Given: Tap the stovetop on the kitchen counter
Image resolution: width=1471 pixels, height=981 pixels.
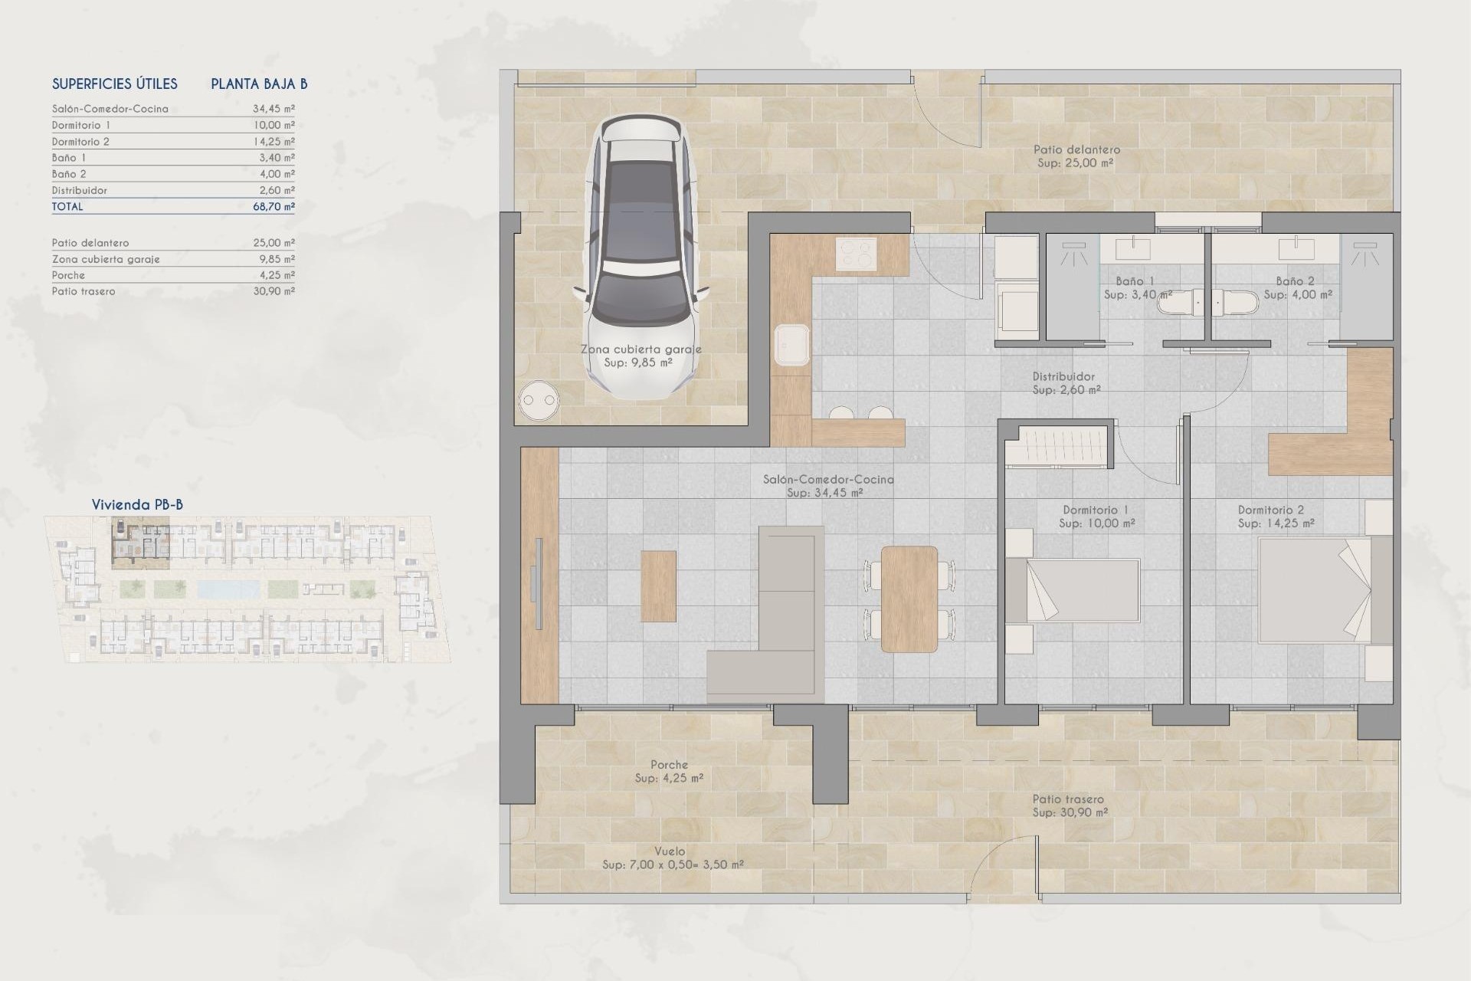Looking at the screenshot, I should [856, 254].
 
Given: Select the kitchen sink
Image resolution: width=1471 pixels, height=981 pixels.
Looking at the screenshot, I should [791, 345].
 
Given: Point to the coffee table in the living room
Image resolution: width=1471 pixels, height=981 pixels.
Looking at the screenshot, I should [659, 586].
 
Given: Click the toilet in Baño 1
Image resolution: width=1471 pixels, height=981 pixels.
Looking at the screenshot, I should [1180, 304].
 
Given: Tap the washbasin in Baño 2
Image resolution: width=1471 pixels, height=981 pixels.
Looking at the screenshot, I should [1296, 248].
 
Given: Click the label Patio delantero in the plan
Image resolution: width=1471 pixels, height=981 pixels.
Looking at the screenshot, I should [1076, 150].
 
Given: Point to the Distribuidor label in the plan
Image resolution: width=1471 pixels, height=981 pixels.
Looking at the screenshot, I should [1063, 377].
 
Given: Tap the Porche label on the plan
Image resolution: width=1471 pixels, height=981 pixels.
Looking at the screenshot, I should [669, 765].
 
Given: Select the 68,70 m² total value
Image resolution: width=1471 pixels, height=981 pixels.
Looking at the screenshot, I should [274, 207].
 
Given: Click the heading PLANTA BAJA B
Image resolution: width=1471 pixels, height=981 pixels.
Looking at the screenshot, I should [259, 84].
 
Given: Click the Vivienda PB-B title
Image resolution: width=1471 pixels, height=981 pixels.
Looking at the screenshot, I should [137, 504].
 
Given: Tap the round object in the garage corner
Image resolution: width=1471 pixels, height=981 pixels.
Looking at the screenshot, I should [538, 399].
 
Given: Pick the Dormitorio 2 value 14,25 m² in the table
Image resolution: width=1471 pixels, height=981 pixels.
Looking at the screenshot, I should [274, 142].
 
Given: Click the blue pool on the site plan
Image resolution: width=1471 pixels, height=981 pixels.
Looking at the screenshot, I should [228, 589].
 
